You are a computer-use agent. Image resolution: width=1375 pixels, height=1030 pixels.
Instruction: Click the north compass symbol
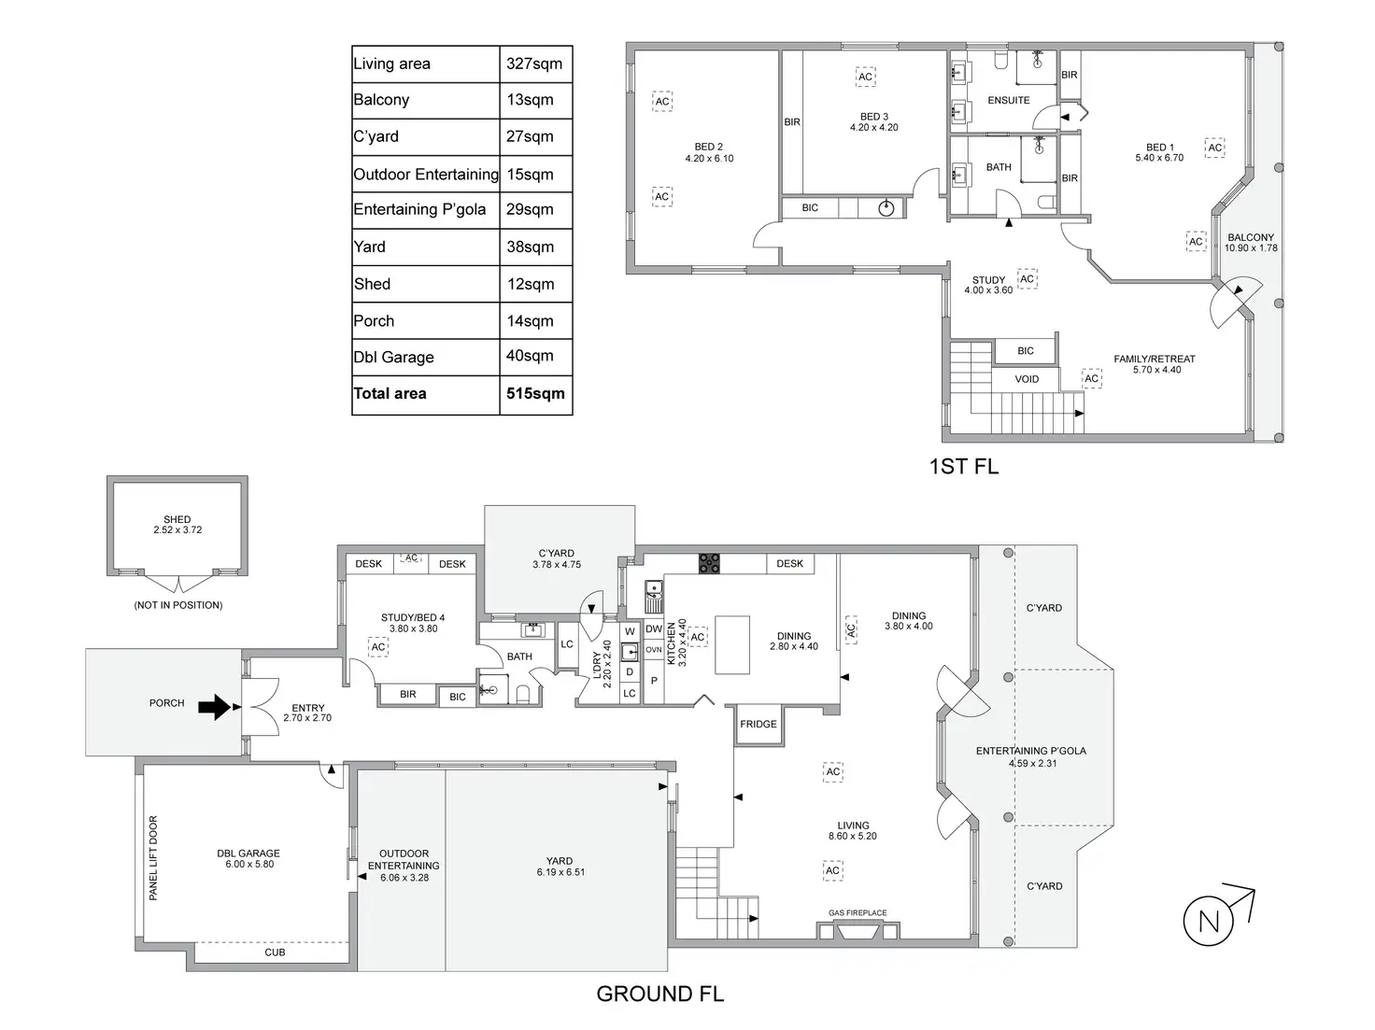(x=1210, y=921)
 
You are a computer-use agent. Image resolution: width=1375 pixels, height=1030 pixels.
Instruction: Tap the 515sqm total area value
(x=535, y=394)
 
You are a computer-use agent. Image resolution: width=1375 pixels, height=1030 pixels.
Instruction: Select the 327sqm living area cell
(x=534, y=63)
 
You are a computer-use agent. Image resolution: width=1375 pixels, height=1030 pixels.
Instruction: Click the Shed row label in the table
(x=372, y=284)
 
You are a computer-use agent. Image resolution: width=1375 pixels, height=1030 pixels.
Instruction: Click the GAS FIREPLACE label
(x=857, y=913)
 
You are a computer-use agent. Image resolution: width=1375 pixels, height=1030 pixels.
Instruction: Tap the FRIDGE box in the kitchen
(x=758, y=724)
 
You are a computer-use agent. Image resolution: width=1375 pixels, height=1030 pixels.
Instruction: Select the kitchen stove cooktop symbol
(x=709, y=563)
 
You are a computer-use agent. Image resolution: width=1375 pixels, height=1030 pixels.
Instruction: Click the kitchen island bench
(x=732, y=643)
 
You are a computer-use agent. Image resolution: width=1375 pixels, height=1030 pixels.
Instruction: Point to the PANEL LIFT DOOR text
(x=154, y=857)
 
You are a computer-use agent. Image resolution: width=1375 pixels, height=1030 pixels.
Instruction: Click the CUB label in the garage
(x=275, y=952)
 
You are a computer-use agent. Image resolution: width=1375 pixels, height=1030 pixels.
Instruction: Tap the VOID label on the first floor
(x=1027, y=379)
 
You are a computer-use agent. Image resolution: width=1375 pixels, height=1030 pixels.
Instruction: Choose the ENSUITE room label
(x=1008, y=100)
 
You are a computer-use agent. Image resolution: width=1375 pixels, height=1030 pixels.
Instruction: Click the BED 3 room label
(x=873, y=118)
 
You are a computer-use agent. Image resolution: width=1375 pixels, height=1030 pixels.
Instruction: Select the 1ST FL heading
(x=963, y=467)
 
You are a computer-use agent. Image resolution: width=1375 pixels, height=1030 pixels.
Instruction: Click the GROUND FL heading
(x=659, y=995)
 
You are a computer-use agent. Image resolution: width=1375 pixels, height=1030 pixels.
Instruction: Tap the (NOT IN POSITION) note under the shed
(x=177, y=605)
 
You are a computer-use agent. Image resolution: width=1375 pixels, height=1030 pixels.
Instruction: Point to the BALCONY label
(x=1250, y=238)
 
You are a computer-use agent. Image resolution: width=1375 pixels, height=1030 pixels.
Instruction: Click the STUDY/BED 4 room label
(x=413, y=618)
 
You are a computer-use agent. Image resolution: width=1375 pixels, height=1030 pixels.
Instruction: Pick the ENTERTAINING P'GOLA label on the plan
(x=1030, y=751)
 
